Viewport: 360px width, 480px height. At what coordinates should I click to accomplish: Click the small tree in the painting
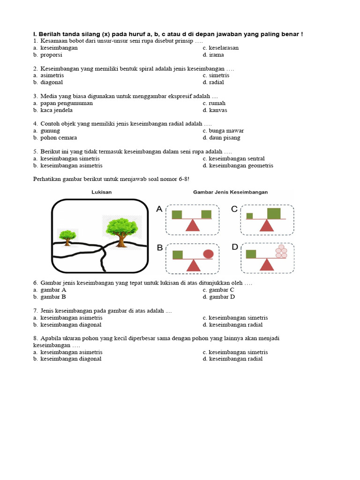67,236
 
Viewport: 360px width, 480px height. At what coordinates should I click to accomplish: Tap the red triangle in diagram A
193,225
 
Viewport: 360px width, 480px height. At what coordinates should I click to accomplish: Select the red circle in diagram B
208,254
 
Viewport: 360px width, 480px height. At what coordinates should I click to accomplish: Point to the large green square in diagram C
274,214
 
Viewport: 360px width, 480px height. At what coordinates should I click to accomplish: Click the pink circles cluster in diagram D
281,251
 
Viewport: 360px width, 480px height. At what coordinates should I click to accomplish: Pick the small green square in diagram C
249,216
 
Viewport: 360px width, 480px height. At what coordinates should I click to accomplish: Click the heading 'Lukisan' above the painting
101,192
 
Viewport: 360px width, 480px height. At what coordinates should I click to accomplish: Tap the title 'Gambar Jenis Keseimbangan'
230,192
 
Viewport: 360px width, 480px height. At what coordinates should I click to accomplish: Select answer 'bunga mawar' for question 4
226,131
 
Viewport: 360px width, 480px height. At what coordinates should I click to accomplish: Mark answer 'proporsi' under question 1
51,55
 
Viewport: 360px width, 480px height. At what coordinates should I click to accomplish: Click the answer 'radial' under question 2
217,82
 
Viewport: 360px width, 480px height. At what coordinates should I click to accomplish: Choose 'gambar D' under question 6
222,297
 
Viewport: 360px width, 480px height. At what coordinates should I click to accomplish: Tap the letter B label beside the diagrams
160,247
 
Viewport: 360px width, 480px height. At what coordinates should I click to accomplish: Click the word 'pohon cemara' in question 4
59,138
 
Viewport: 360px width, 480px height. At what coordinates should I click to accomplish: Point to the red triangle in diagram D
267,264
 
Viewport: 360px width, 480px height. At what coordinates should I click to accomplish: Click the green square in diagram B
178,255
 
